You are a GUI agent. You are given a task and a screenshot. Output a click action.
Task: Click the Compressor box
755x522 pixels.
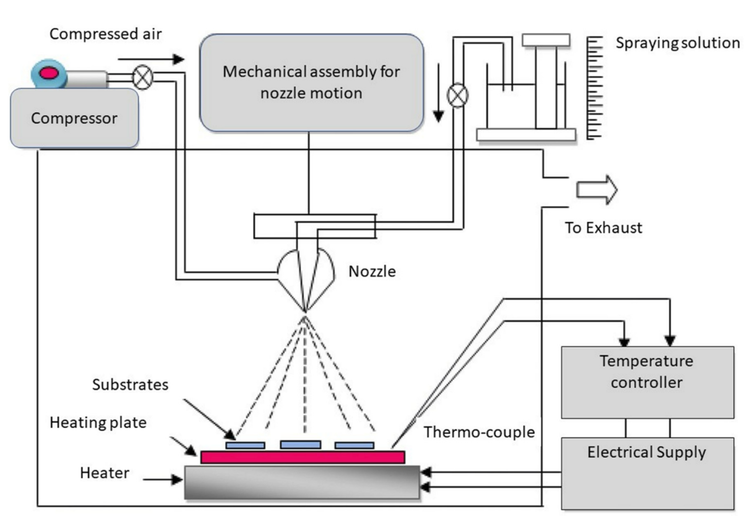point(74,118)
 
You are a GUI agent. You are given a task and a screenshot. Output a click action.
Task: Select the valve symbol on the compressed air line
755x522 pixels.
point(143,77)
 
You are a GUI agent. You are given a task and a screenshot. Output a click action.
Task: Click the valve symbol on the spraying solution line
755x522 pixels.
point(457,95)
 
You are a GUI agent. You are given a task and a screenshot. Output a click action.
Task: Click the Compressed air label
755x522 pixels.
point(105,34)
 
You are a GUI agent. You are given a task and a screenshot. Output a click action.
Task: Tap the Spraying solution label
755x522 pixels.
point(678,43)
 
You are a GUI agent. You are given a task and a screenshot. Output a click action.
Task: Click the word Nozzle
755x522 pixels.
point(372,271)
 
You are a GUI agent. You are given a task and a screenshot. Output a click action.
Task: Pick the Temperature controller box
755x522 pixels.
point(647,382)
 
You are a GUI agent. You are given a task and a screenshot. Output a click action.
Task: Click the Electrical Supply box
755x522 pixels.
point(647,473)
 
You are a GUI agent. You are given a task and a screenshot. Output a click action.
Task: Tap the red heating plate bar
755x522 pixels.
point(302,457)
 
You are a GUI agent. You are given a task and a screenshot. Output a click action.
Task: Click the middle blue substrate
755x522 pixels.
point(300,445)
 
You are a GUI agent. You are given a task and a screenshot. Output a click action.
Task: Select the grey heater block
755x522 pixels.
point(302,482)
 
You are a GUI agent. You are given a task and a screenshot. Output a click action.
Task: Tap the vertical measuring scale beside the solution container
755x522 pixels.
point(594,88)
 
